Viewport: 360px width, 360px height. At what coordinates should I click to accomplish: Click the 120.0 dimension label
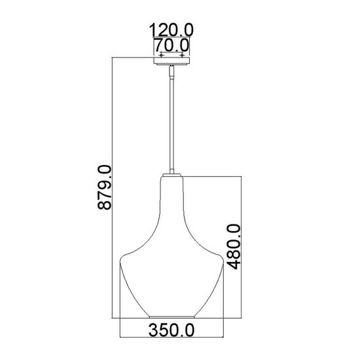pos(171,29)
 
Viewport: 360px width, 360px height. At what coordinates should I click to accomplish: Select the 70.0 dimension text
pos(171,45)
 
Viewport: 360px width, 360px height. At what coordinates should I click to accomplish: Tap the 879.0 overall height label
pos(105,187)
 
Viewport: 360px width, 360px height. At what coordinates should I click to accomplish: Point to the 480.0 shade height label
pos(234,247)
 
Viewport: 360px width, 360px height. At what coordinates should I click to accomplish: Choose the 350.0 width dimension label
pos(171,330)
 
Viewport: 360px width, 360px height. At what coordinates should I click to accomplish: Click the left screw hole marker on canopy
pos(161,55)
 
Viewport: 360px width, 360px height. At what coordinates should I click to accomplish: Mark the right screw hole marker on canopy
pos(182,55)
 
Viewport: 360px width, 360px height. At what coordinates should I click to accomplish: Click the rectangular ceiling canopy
pos(171,61)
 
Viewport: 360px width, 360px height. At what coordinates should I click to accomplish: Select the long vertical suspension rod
pos(171,126)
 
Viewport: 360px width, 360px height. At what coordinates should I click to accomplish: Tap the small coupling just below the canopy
pos(171,71)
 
